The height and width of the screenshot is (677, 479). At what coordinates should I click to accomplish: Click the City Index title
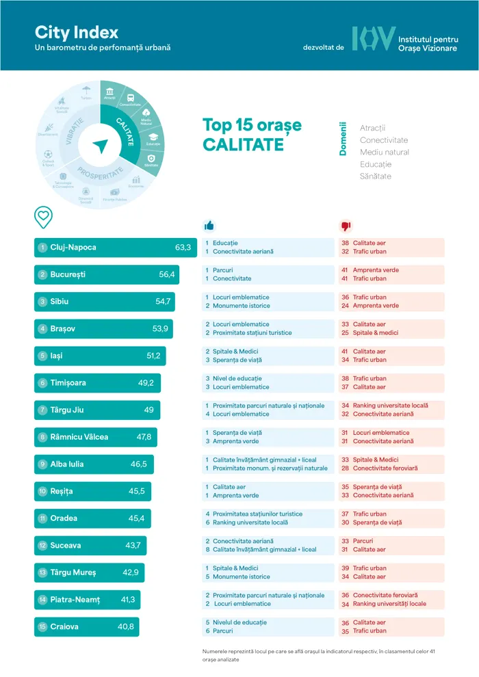pyautogui.click(x=76, y=32)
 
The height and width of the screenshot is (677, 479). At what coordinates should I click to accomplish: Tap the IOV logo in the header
pyautogui.click(x=374, y=39)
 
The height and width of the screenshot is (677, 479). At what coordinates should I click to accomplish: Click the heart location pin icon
pyautogui.click(x=43, y=216)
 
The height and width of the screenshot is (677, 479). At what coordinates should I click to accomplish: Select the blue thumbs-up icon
pyautogui.click(x=209, y=226)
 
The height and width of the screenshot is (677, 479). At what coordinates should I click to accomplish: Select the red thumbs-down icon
pyautogui.click(x=345, y=226)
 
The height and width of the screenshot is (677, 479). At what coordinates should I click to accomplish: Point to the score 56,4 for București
pyautogui.click(x=167, y=275)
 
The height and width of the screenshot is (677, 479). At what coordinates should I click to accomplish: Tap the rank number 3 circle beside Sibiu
pyautogui.click(x=42, y=302)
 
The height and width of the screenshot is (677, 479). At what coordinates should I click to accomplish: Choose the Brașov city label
pyautogui.click(x=63, y=329)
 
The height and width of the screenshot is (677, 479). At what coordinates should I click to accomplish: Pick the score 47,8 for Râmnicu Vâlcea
pyautogui.click(x=144, y=437)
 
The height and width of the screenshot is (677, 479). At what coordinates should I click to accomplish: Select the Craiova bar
pyautogui.click(x=86, y=627)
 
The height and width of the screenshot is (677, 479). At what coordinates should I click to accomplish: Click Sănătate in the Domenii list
pyautogui.click(x=376, y=176)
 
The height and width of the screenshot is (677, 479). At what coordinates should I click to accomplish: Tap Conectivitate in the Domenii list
pyautogui.click(x=384, y=140)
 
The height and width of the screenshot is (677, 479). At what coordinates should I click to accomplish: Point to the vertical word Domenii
pyautogui.click(x=344, y=140)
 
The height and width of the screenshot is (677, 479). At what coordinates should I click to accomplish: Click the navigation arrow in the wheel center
pyautogui.click(x=101, y=145)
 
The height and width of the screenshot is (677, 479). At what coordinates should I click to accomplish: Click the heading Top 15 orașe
pyautogui.click(x=251, y=126)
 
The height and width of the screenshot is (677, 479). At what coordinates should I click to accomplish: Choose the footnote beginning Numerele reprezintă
pyautogui.click(x=318, y=655)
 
